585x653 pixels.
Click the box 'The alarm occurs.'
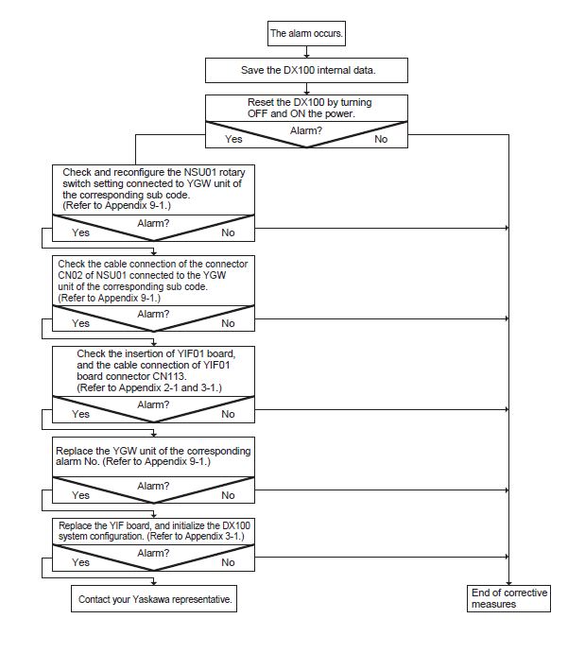pyautogui.click(x=306, y=33)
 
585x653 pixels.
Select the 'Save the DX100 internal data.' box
pyautogui.click(x=306, y=70)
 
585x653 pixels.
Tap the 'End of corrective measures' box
pyautogui.click(x=508, y=598)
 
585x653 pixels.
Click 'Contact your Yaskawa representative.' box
pyautogui.click(x=154, y=599)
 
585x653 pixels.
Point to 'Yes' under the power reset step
pyautogui.click(x=233, y=139)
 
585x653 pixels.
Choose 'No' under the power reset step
pyautogui.click(x=381, y=139)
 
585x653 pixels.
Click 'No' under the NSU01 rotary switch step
pyautogui.click(x=228, y=232)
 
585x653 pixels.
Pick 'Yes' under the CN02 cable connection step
pyautogui.click(x=80, y=323)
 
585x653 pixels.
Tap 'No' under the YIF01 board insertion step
pyautogui.click(x=228, y=414)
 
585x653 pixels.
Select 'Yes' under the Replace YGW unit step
pyautogui.click(x=80, y=495)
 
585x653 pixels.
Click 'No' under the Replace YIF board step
pyautogui.click(x=228, y=562)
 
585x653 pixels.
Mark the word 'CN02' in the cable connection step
pyautogui.click(x=70, y=275)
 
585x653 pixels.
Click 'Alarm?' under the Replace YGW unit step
pyautogui.click(x=153, y=486)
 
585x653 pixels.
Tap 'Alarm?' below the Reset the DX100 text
pyautogui.click(x=306, y=130)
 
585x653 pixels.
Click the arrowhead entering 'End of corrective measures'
pyautogui.click(x=508, y=583)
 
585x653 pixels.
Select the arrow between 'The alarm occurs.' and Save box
pyautogui.click(x=306, y=52)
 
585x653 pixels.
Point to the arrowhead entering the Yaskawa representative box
pyautogui.click(x=154, y=583)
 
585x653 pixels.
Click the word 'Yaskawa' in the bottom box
pyautogui.click(x=150, y=599)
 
